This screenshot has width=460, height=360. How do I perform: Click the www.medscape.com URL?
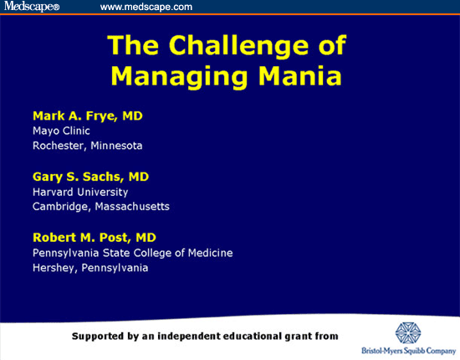[x=146, y=8]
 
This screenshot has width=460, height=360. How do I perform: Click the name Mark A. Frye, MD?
[x=88, y=115]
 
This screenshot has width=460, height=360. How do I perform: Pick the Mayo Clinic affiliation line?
[x=61, y=131]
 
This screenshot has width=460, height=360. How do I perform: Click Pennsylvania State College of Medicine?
[x=132, y=253]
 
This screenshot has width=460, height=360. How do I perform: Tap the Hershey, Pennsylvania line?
[x=90, y=268]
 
